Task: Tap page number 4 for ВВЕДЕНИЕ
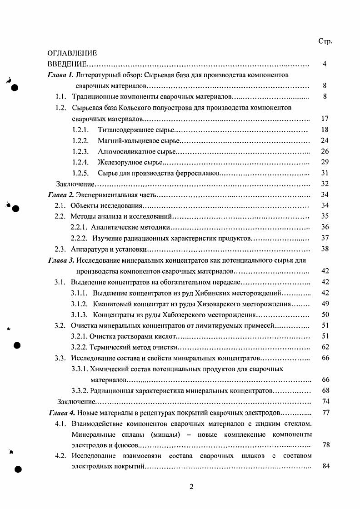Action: click(x=325, y=64)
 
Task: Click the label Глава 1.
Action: click(x=61, y=75)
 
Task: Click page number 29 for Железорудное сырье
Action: click(x=325, y=162)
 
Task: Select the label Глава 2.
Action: click(x=61, y=195)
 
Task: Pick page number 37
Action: click(x=325, y=238)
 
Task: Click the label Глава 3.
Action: click(x=61, y=260)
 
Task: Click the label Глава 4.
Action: click(x=61, y=413)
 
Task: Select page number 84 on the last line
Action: click(x=325, y=467)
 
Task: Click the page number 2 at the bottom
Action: click(x=191, y=488)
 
